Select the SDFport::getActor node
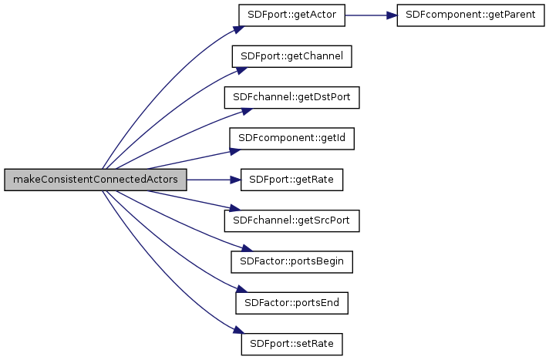291,15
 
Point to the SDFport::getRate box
291,179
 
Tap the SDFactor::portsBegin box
291,261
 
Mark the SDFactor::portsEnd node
291,302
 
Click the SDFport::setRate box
291,343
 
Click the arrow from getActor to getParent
370,15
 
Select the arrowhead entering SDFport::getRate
236,179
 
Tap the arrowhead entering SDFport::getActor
237,29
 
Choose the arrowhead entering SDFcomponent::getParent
392,15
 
